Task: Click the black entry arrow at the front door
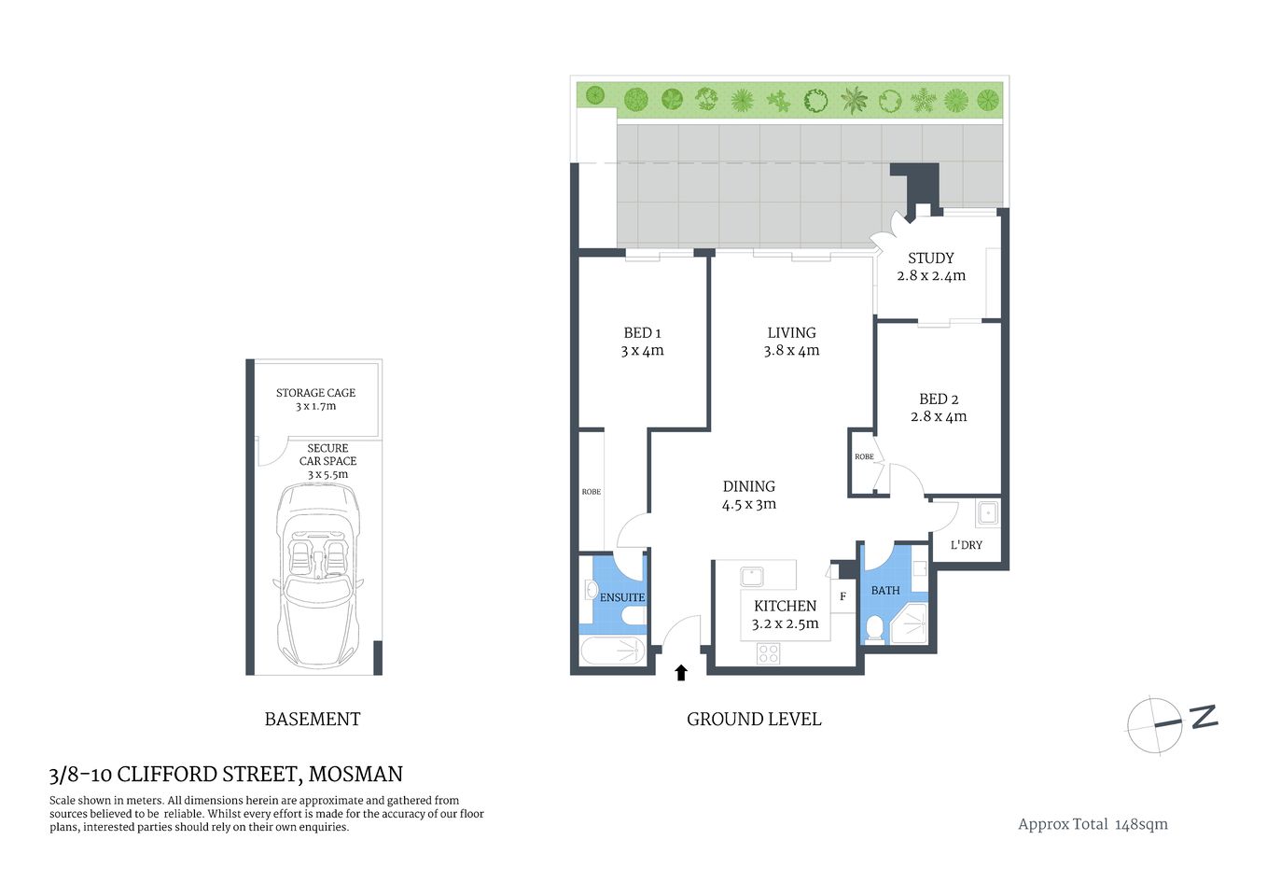[x=681, y=672]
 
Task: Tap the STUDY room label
[x=930, y=258]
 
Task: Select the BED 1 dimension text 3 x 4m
[x=642, y=351]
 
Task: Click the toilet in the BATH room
[x=874, y=628]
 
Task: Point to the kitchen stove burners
[x=768, y=652]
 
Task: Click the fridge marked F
[x=842, y=596]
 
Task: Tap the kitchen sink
[x=751, y=576]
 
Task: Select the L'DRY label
[x=966, y=545]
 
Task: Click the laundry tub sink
[x=987, y=512]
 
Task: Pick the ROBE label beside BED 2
[x=864, y=456]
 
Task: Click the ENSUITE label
[x=621, y=597]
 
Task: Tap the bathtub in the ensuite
[x=613, y=651]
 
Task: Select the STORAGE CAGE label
[x=315, y=393]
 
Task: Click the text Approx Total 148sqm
[x=1093, y=824]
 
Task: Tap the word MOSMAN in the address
[x=355, y=774]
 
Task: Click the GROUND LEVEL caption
[x=754, y=720]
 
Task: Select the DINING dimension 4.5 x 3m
[x=748, y=505]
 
